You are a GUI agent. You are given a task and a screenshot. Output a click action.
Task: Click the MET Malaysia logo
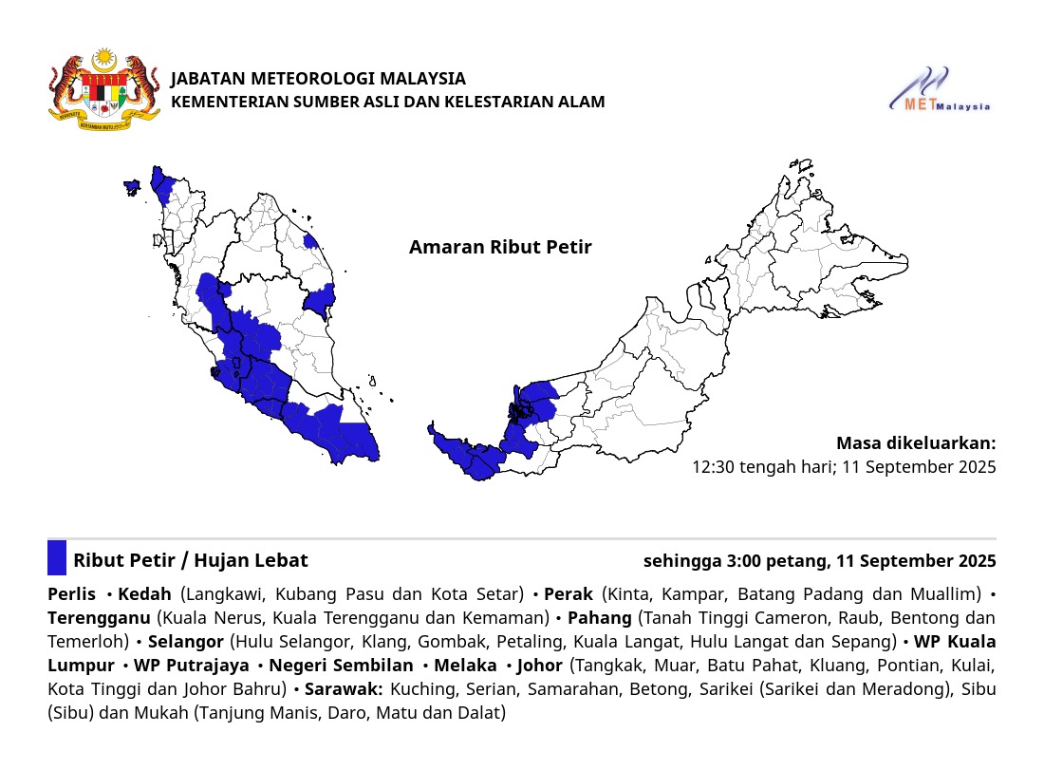coord(940,90)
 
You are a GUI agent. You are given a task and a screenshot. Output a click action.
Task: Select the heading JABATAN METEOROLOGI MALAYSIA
coord(318,79)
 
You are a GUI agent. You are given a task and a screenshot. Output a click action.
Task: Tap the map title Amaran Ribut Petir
coord(500,248)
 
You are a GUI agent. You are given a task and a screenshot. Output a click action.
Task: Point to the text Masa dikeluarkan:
coord(916,443)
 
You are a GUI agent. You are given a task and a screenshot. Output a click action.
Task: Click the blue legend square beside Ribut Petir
coord(57,558)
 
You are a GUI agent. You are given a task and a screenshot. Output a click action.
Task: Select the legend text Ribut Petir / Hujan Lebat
coord(191,560)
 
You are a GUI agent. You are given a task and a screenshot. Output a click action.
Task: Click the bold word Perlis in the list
coord(71,594)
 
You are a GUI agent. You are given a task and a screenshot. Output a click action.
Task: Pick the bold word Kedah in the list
coord(144,594)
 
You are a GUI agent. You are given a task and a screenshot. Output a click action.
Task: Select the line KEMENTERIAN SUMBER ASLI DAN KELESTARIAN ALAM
coord(387,102)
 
